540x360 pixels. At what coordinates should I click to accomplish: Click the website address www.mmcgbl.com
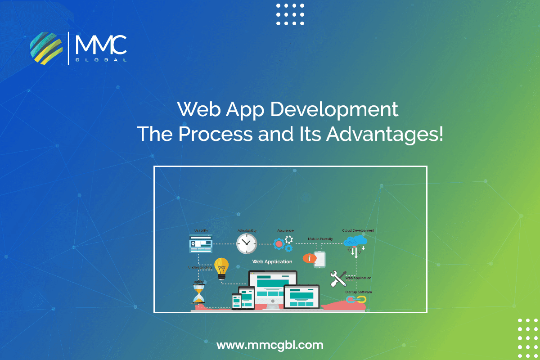270,345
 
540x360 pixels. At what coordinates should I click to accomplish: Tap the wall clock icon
246,243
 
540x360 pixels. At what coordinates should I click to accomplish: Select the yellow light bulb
221,268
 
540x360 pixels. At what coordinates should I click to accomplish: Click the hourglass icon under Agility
198,294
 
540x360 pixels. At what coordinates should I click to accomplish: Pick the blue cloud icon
355,242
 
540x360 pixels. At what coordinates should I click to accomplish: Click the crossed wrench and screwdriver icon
337,279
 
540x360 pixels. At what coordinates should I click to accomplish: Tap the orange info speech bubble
309,258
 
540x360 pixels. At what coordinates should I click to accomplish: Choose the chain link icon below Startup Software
356,299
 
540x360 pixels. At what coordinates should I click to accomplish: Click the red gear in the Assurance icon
279,244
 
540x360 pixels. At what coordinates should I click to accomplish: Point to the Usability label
201,230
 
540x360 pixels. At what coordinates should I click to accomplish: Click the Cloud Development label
358,230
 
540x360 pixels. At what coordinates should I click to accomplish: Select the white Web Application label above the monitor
272,261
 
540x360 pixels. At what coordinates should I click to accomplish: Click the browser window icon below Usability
201,244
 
